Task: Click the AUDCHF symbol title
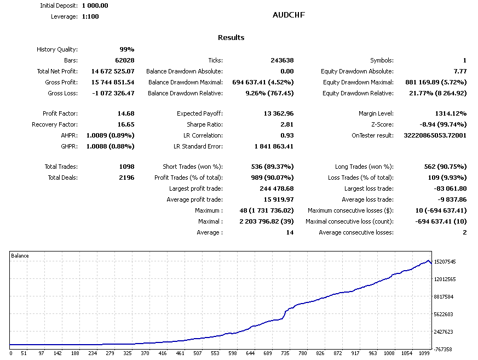point(289,15)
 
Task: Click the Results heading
point(231,38)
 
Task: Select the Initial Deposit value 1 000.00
point(95,5)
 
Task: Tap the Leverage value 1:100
point(90,16)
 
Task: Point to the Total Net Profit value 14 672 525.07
point(105,71)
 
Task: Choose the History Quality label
point(57,49)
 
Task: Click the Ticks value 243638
point(280,60)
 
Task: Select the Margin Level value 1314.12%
point(448,113)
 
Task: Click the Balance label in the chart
point(20,256)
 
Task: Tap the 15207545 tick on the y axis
point(445,262)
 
